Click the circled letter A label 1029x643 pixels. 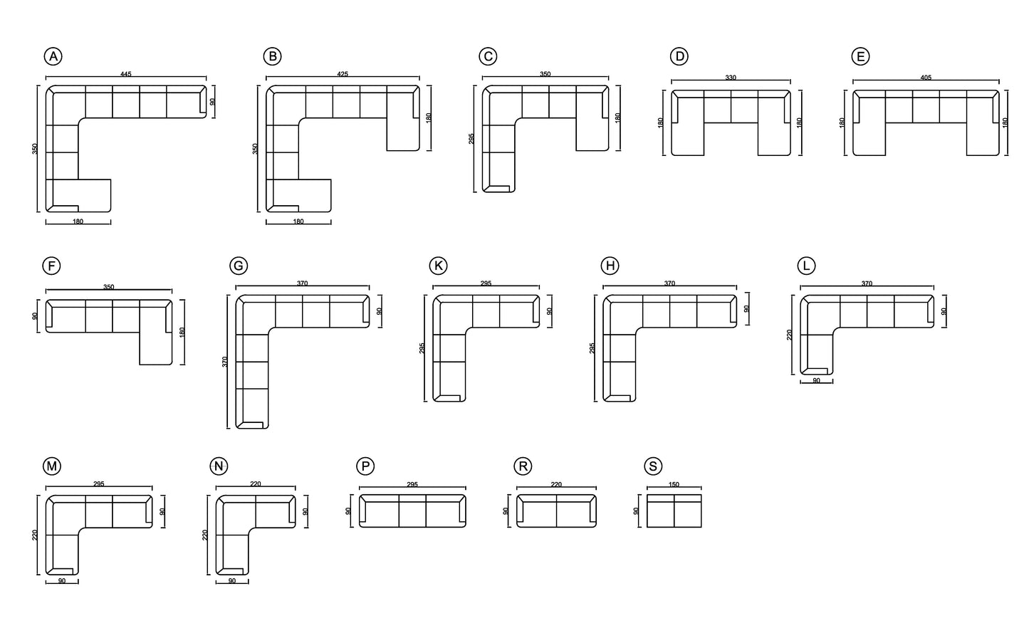[53, 57]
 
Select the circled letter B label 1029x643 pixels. [271, 57]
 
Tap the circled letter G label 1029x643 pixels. [239, 266]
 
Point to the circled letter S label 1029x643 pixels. [652, 466]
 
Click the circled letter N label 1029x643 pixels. [219, 466]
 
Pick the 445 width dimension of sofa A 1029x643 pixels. [126, 74]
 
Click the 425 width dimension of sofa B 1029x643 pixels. [343, 74]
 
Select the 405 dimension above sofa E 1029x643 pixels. [926, 78]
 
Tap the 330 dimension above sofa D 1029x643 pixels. [731, 78]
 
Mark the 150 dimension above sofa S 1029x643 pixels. [674, 485]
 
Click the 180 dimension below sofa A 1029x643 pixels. [78, 222]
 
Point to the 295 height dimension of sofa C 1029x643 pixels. [471, 138]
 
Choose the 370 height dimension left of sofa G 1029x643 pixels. [225, 362]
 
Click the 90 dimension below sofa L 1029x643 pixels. [816, 381]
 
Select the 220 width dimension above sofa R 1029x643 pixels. [556, 485]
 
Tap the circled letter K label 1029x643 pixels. [439, 266]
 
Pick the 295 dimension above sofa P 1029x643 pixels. [412, 485]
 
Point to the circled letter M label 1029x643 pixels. [52, 466]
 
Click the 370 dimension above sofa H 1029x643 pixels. [669, 283]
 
